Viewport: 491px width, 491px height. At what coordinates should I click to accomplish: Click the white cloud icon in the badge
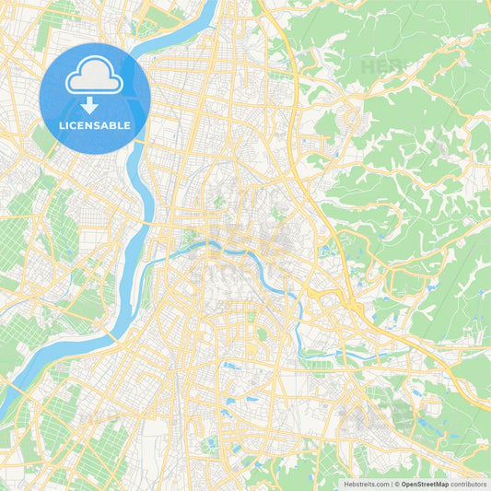coord(95,80)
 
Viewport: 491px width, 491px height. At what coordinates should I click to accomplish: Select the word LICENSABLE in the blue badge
coord(95,124)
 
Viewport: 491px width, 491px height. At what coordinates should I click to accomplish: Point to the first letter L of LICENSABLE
coord(62,124)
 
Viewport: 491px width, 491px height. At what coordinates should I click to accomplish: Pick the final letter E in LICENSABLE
coord(128,124)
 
